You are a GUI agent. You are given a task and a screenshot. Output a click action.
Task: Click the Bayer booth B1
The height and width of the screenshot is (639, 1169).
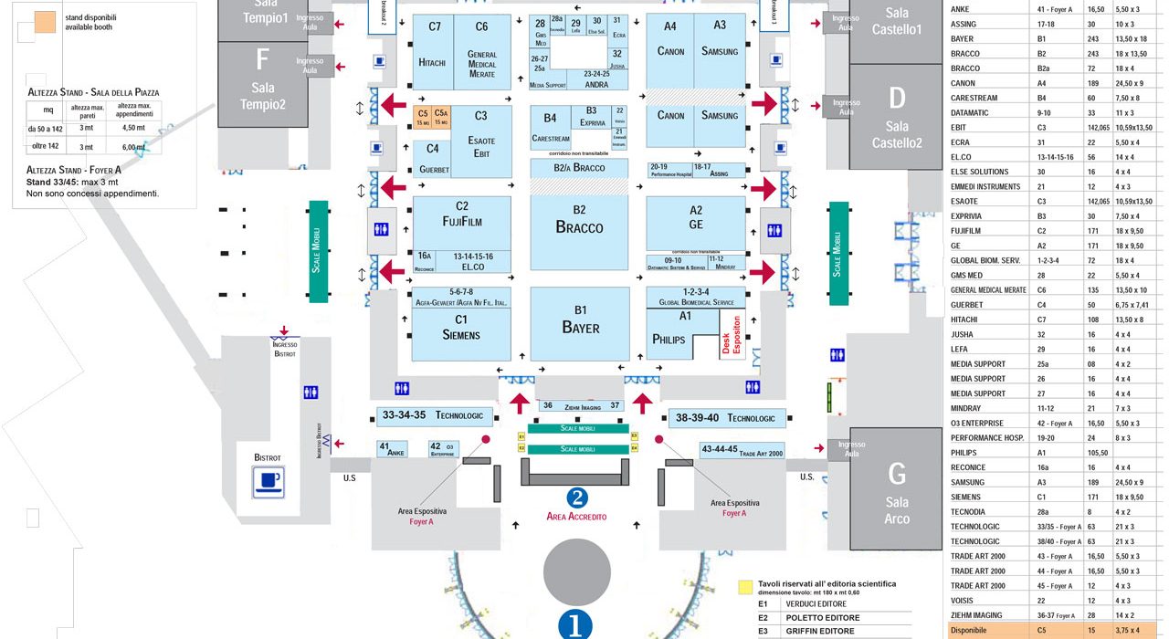coord(580,323)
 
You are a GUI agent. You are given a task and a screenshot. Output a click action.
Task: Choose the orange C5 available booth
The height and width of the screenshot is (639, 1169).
coord(423,117)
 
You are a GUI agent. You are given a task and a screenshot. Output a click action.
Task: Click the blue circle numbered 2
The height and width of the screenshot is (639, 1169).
coord(576,498)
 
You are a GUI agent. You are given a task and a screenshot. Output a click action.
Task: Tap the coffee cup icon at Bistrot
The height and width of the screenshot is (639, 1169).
coord(269,481)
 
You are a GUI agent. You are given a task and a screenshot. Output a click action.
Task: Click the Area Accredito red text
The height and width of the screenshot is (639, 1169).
coord(576,517)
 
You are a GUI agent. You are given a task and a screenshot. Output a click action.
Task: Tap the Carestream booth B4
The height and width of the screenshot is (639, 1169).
coord(550,128)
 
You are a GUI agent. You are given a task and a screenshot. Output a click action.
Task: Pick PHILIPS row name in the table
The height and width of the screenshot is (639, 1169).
coord(964,452)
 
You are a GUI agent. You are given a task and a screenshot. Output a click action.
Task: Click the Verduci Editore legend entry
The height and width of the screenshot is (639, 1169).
coord(815,604)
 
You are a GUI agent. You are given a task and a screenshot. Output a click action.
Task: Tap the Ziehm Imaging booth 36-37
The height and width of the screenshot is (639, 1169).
coord(581,405)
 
